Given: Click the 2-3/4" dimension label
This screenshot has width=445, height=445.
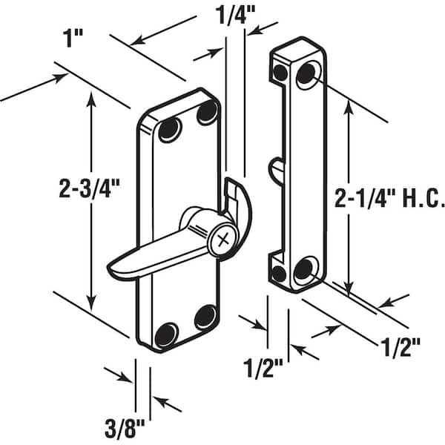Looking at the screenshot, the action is coord(90,188).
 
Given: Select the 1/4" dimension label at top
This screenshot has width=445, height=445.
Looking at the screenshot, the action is coord(235,15).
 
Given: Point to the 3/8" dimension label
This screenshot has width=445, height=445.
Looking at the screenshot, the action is coord(125,428).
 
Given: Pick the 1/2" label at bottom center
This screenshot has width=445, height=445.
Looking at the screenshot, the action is coord(263,369).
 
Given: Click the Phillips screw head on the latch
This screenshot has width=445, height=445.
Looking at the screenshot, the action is coord(223,240).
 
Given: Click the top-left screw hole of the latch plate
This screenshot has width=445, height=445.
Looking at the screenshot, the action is coord(169,131).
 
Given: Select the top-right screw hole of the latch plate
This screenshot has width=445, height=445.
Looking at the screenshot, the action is coord(207,112).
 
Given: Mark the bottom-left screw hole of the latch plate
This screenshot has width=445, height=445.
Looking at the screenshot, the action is coord(167,335).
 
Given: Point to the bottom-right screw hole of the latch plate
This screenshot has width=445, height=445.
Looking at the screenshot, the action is coord(205,317).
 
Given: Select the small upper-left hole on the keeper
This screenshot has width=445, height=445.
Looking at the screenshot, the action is coord(280,73).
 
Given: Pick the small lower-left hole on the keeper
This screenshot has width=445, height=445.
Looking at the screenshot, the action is coord(279,274).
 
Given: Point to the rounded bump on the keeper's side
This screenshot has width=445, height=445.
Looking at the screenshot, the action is coord(275,171).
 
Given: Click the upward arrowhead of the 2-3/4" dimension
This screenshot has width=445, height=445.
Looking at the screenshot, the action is coord(91,97).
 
